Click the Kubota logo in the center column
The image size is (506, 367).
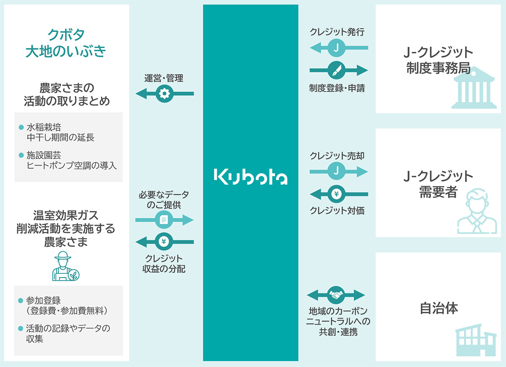click(x=250, y=177)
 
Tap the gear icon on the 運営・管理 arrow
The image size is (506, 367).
click(x=164, y=94)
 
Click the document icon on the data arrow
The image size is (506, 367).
click(x=164, y=220)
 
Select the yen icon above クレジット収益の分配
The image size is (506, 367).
click(x=164, y=241)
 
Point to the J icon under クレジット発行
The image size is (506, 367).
click(x=336, y=48)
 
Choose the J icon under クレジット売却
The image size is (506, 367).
click(x=336, y=171)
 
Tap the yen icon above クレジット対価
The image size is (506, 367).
click(x=336, y=194)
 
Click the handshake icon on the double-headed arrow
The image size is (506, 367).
click(x=336, y=295)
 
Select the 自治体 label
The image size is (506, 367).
click(x=439, y=308)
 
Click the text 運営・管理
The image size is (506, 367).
click(x=164, y=78)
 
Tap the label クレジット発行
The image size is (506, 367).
click(x=336, y=32)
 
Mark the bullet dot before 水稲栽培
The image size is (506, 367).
click(x=21, y=126)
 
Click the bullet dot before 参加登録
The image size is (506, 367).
click(x=21, y=301)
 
